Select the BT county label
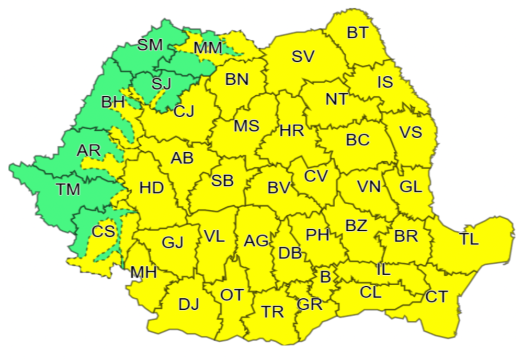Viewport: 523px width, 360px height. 357,32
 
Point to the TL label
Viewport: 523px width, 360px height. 469,239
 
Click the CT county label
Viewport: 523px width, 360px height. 437,297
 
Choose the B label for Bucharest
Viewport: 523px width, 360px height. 325,277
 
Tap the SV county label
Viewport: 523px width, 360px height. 303,57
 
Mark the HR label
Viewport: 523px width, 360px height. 292,131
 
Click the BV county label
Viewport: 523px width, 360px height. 278,187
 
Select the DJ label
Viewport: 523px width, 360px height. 189,304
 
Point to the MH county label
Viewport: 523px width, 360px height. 143,272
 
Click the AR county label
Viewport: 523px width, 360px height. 88,151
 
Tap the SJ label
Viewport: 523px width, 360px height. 161,83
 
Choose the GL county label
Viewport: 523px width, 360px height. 411,187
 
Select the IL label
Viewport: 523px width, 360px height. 383,270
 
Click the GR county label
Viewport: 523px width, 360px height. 309,304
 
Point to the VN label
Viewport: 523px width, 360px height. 369,186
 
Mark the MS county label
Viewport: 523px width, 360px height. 246,126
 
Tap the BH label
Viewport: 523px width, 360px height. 113,102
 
